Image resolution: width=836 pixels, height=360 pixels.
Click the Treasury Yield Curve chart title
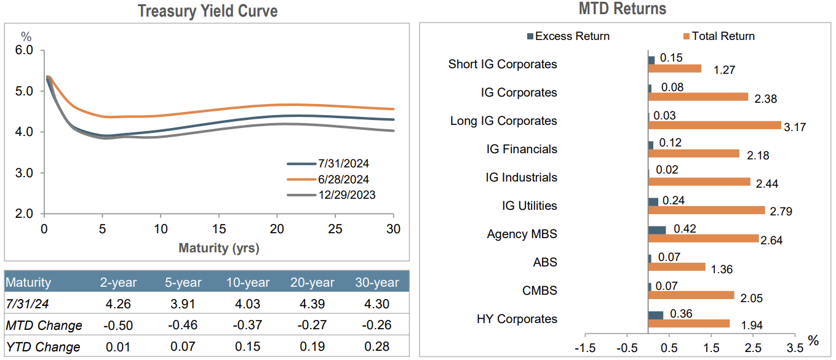click(x=207, y=11)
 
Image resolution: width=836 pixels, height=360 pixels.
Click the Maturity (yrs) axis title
click(x=218, y=249)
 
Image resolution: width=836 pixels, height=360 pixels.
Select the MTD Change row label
click(x=44, y=325)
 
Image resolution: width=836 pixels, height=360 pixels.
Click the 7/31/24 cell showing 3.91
click(x=183, y=304)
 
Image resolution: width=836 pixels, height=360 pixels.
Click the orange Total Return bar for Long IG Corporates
click(x=714, y=126)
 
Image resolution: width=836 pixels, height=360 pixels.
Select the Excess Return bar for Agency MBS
click(x=657, y=230)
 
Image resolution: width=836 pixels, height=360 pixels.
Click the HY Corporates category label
click(x=517, y=319)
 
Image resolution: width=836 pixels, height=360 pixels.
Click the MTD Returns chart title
click(x=622, y=9)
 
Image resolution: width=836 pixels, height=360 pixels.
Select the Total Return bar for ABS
click(x=677, y=267)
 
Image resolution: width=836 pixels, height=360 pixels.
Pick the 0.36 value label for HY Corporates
click(x=680, y=313)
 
